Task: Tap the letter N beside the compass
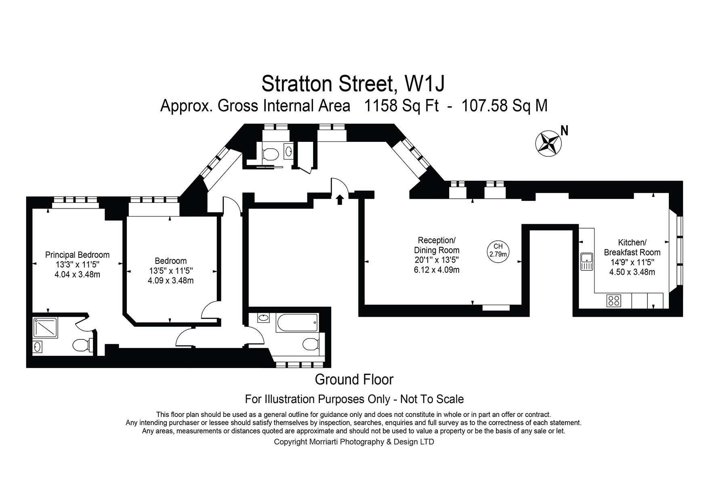565,131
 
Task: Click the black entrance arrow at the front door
340,199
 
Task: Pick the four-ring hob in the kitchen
614,301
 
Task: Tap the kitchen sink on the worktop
586,261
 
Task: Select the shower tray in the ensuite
45,327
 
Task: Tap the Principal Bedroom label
77,255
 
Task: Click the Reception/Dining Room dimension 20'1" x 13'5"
437,260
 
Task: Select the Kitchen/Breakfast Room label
632,247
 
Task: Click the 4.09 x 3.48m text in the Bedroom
170,280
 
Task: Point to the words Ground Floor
354,379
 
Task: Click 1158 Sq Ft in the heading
401,106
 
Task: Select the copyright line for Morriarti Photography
354,442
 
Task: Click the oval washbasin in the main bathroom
264,318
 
